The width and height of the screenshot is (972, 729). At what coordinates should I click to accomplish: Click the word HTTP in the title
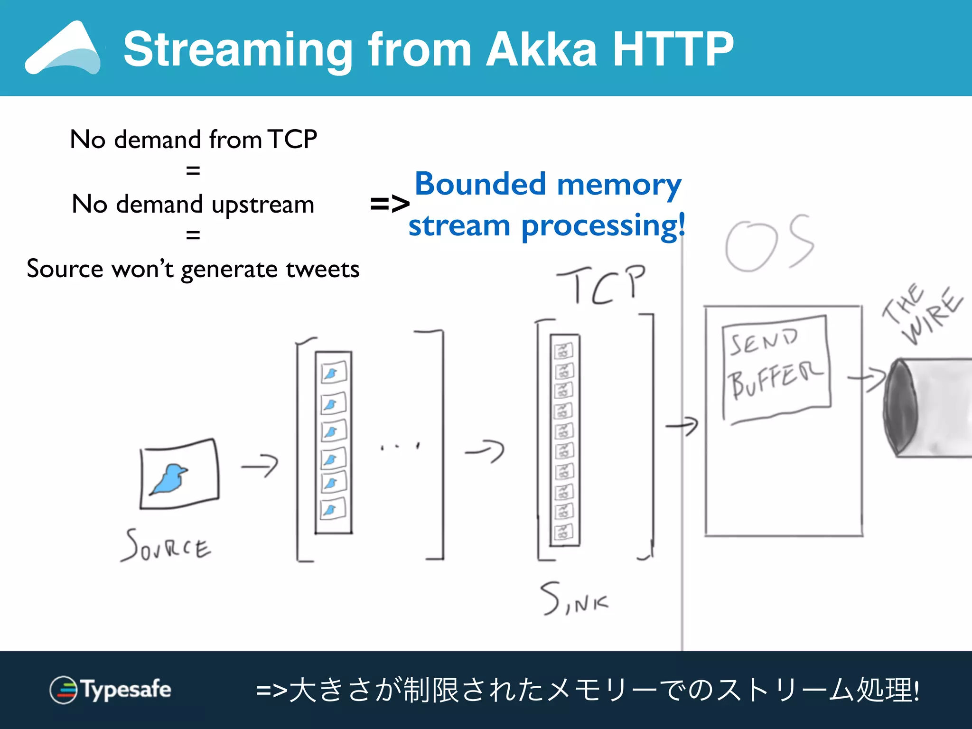[x=673, y=49]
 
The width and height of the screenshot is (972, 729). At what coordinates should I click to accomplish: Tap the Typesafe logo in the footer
[x=110, y=690]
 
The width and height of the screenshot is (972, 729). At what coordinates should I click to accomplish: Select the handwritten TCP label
[x=602, y=285]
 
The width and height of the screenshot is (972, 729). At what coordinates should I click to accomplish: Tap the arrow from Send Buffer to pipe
[x=867, y=379]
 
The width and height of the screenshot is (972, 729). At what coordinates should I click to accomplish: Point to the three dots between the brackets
[x=400, y=446]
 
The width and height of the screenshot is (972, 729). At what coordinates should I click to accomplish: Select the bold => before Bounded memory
[x=389, y=205]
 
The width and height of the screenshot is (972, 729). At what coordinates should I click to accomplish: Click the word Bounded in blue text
[x=480, y=184]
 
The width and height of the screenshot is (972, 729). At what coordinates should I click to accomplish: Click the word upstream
[x=263, y=205]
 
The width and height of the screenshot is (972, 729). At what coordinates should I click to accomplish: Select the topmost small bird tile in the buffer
[x=334, y=372]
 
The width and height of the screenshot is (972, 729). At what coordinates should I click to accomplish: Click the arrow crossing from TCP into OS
[x=682, y=425]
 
